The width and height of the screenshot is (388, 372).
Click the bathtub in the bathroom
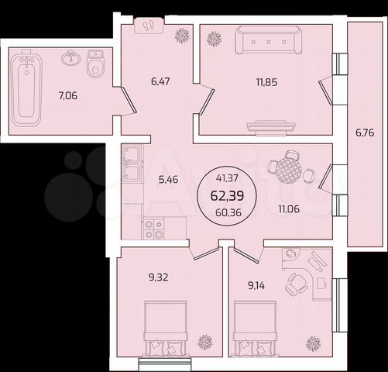tap(26, 88)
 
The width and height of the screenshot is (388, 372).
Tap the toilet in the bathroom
tap(95, 64)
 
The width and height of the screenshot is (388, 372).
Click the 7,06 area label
tap(68, 96)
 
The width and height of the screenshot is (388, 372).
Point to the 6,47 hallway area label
tap(160, 81)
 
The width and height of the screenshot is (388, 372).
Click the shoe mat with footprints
tap(149, 26)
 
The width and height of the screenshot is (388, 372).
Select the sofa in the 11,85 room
tap(269, 40)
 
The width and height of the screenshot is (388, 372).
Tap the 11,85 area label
tap(267, 82)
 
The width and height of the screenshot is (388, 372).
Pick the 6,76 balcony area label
tap(365, 133)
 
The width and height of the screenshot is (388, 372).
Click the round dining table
tap(288, 170)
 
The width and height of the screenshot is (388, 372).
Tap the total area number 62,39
tap(227, 195)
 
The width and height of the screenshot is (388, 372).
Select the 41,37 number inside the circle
tap(227, 178)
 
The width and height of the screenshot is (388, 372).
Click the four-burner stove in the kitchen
tap(153, 228)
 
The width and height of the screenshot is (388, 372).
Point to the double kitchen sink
tap(132, 164)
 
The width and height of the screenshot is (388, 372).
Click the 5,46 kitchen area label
tap(168, 179)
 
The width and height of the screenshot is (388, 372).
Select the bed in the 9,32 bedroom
tap(165, 329)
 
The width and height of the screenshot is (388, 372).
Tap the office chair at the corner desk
tap(297, 283)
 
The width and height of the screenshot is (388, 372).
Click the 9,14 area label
tap(256, 286)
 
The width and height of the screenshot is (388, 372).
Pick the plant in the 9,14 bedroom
tap(314, 343)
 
